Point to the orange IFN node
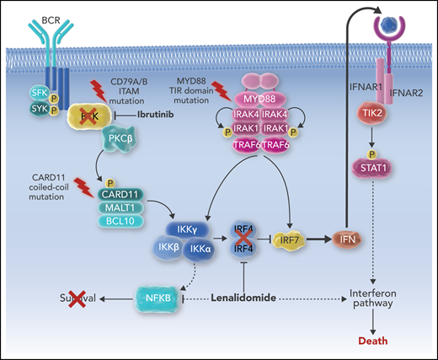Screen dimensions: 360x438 345,243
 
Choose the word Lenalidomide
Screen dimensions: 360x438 242,297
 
